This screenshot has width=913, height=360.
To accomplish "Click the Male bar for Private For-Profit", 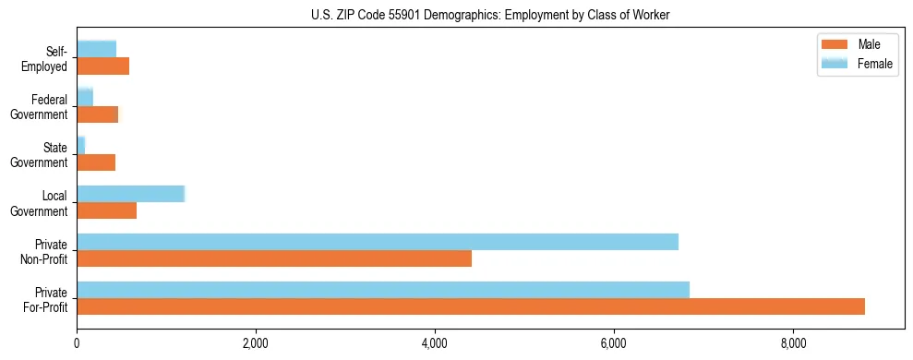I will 471,306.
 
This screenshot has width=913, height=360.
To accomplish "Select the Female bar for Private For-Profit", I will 383,290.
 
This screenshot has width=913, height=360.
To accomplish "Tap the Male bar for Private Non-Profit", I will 274,258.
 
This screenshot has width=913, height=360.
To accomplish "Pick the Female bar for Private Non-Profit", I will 378,242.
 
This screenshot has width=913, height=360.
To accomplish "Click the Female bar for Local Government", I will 131,194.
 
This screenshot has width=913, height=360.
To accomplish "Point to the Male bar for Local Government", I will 106,210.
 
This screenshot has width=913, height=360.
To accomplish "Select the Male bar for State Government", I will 96,162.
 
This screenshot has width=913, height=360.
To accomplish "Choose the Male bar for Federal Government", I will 97,114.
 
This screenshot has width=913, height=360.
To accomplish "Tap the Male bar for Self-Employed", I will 102,66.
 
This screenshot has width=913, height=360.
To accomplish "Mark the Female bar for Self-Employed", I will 96,49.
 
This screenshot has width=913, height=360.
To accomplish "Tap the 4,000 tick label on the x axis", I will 435,344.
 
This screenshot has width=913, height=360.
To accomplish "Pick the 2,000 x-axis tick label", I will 255,344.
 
